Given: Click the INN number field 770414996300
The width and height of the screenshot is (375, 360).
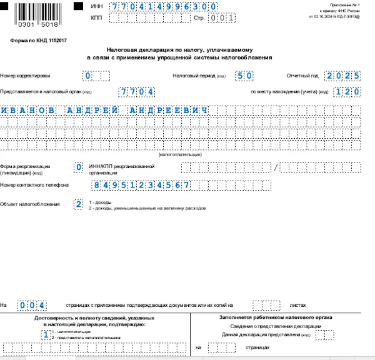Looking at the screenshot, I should (163, 6).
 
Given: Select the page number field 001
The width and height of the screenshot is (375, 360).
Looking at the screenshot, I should (222, 19).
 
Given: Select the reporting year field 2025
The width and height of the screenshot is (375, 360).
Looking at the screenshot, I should (342, 76).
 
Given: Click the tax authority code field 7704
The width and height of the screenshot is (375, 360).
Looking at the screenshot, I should (136, 91).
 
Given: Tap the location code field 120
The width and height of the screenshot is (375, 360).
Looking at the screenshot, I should (347, 91).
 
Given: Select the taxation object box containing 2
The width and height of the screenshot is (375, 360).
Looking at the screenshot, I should (78, 204).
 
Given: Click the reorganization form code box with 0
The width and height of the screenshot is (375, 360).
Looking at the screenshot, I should (78, 167).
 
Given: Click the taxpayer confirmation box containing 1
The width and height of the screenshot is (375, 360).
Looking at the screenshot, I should (46, 334).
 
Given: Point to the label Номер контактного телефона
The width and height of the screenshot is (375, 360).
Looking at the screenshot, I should (34, 186).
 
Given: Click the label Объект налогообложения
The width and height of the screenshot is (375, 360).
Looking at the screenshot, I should (30, 204).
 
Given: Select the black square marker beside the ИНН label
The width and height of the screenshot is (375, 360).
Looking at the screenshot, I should (79, 6).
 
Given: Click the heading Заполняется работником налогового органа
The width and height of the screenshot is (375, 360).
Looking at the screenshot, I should (276, 317).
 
